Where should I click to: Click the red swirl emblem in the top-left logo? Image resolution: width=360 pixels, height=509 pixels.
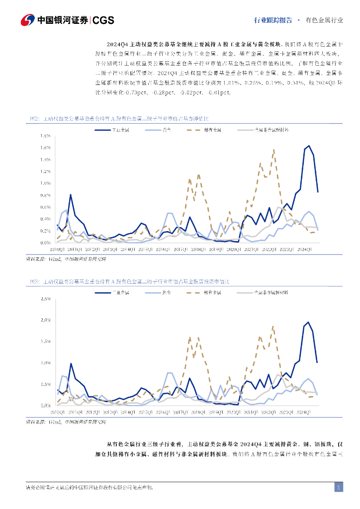tap(28, 20)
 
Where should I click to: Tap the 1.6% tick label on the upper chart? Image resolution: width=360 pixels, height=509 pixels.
tap(46, 148)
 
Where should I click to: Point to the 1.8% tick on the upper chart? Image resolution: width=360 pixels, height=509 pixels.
tap(46, 136)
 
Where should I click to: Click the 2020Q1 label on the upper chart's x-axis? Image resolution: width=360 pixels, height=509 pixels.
tap(232, 249)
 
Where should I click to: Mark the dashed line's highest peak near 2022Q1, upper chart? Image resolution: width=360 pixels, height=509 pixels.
tap(273, 150)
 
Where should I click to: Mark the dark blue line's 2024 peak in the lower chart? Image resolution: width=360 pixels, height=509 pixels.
tap(308, 322)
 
